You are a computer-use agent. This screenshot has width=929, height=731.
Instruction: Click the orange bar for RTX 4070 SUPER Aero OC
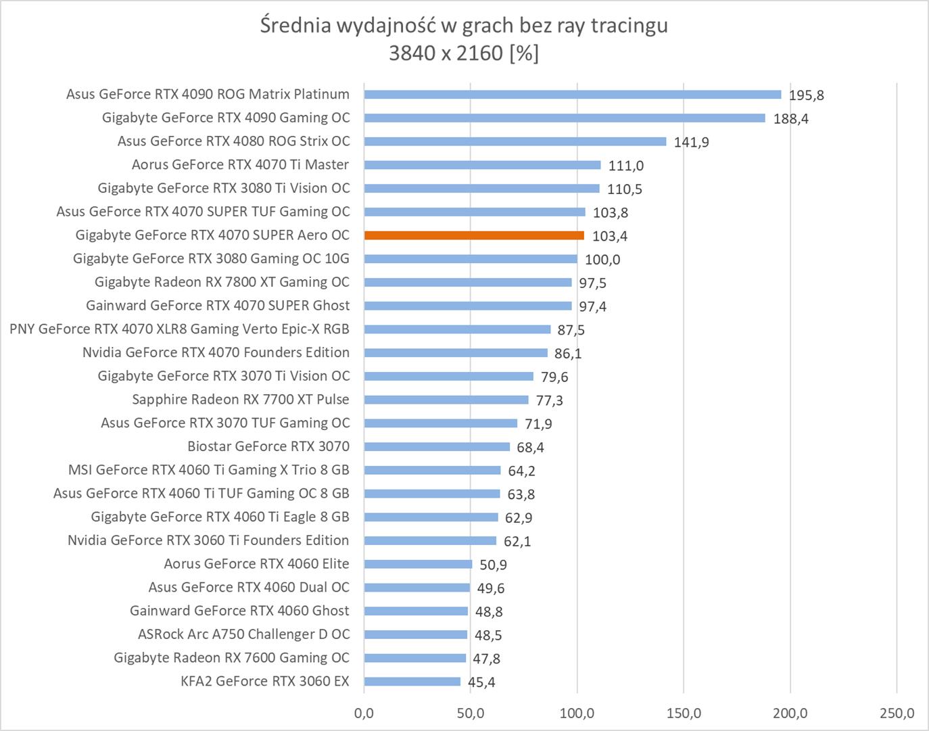click(473, 235)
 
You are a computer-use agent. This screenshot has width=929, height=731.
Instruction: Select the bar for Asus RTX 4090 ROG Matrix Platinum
click(572, 95)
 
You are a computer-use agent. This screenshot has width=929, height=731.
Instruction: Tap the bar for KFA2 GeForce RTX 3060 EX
click(412, 682)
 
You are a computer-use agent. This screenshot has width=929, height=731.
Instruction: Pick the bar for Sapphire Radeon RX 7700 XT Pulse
click(446, 400)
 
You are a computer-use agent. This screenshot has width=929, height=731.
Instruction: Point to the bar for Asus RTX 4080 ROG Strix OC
click(515, 141)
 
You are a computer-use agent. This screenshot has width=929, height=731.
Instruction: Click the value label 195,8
click(806, 95)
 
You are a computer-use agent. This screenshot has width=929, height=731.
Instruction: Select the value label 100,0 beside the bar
click(602, 260)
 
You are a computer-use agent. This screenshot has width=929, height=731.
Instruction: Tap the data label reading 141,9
click(691, 142)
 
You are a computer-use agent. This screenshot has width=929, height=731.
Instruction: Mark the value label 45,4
click(481, 682)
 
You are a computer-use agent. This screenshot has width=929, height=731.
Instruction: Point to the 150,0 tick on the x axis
click(684, 713)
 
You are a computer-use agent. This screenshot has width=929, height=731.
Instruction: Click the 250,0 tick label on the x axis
click(897, 713)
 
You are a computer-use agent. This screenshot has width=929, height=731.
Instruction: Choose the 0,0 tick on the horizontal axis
click(364, 713)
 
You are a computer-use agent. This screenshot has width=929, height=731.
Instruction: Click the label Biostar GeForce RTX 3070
click(268, 446)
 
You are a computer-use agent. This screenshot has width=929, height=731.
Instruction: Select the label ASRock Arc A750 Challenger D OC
click(243, 634)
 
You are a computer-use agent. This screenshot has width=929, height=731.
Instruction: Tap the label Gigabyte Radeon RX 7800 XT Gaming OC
click(222, 282)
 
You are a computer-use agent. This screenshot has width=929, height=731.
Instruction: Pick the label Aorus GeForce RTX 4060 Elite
click(256, 564)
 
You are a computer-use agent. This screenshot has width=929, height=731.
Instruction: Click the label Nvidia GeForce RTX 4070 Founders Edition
click(216, 352)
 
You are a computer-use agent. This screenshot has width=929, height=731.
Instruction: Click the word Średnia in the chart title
click(295, 26)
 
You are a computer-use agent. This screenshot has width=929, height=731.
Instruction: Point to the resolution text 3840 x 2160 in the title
click(446, 53)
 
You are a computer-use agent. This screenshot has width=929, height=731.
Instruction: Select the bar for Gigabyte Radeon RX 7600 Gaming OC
click(414, 658)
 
